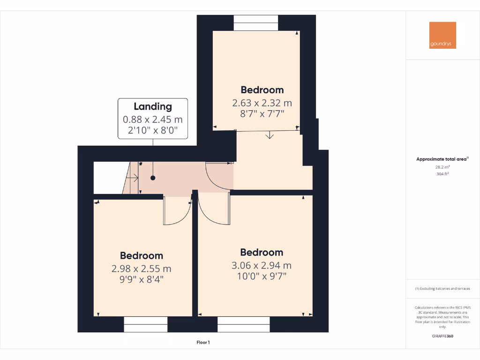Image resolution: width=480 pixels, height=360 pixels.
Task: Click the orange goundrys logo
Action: (442, 35)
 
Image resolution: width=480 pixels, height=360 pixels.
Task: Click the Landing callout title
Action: (153, 106)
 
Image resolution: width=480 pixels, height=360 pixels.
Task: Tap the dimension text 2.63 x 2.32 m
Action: (262, 103)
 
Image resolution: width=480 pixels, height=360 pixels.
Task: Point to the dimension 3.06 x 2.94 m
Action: (262, 265)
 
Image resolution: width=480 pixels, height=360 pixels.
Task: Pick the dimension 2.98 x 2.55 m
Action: (141, 269)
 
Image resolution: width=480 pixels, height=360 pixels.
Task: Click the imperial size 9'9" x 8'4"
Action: (141, 279)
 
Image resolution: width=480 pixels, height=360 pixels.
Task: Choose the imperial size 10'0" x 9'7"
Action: (262, 276)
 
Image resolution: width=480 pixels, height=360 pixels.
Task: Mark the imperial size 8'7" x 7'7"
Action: (262, 113)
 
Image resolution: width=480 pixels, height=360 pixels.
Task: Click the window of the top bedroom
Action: (256, 23)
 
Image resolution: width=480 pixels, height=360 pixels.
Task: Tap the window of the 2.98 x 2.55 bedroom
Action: (146, 324)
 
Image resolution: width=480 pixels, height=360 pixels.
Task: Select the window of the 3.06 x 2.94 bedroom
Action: (244, 324)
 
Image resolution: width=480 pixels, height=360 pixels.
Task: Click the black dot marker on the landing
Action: (153, 178)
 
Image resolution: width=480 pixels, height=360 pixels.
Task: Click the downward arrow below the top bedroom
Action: (270, 136)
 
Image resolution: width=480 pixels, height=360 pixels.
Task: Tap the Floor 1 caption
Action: (203, 343)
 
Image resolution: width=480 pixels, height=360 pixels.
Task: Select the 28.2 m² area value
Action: (442, 166)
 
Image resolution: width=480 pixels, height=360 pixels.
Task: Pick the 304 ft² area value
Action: (442, 173)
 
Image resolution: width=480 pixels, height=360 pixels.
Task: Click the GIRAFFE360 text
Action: (442, 336)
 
